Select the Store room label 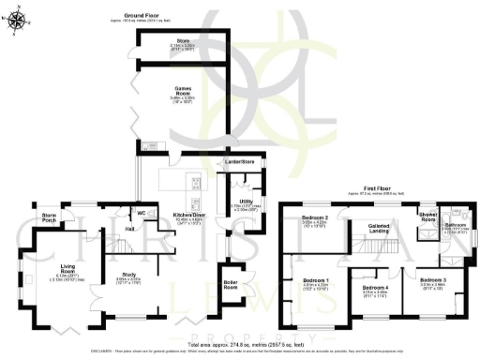coord(184,41)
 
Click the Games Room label coord(184,91)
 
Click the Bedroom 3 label coord(432,279)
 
